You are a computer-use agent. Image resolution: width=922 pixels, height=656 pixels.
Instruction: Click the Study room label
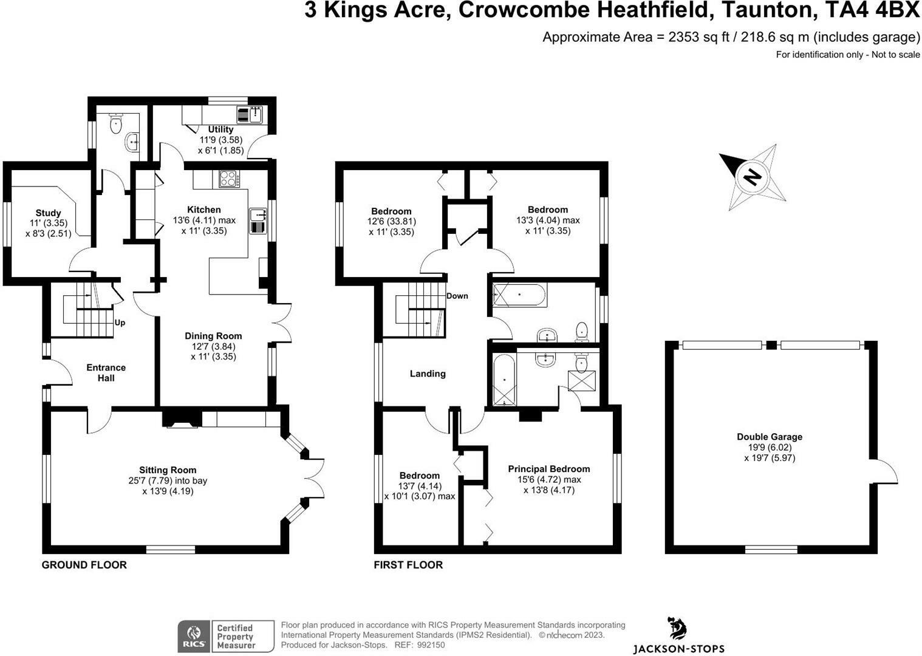(48, 213)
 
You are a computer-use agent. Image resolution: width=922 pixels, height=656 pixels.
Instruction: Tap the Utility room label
(220, 129)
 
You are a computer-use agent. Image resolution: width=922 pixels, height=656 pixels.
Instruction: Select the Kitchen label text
(203, 210)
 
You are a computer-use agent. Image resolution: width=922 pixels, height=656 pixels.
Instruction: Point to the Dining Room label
(213, 336)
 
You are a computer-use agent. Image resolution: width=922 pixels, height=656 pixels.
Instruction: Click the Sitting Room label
(168, 470)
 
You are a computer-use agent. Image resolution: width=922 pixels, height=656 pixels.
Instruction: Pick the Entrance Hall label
(106, 373)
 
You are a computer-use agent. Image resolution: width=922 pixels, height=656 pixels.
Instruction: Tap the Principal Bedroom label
(548, 469)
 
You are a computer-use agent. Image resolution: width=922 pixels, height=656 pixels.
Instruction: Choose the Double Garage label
(770, 437)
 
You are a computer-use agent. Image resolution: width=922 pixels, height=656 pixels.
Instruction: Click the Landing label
(428, 374)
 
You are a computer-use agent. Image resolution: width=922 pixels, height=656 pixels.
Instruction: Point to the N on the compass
(752, 177)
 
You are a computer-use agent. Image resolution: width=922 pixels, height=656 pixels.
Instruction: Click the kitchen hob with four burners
(229, 179)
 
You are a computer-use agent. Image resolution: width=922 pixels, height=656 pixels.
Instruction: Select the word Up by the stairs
(120, 323)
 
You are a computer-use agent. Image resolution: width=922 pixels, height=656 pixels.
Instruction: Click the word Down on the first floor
(457, 296)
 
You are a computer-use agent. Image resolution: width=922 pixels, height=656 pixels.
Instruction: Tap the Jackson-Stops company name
(678, 649)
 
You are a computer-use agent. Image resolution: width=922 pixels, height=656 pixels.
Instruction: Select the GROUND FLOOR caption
(84, 565)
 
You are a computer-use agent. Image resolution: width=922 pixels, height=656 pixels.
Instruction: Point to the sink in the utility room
(255, 114)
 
